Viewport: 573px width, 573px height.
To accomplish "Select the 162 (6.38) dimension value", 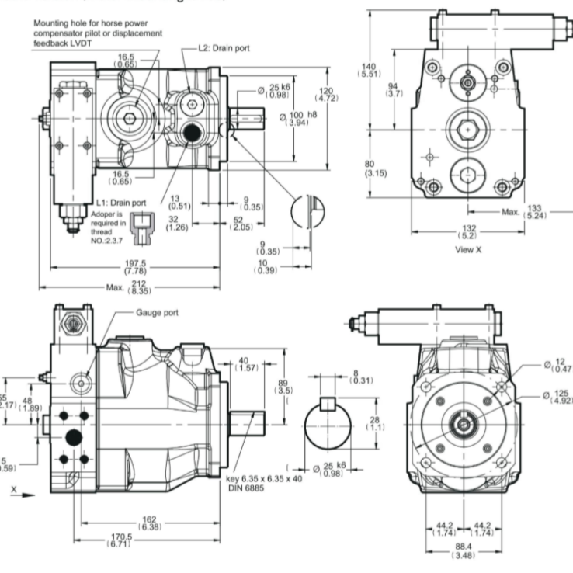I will coord(149,523).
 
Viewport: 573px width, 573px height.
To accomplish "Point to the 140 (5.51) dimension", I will coord(366,68).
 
